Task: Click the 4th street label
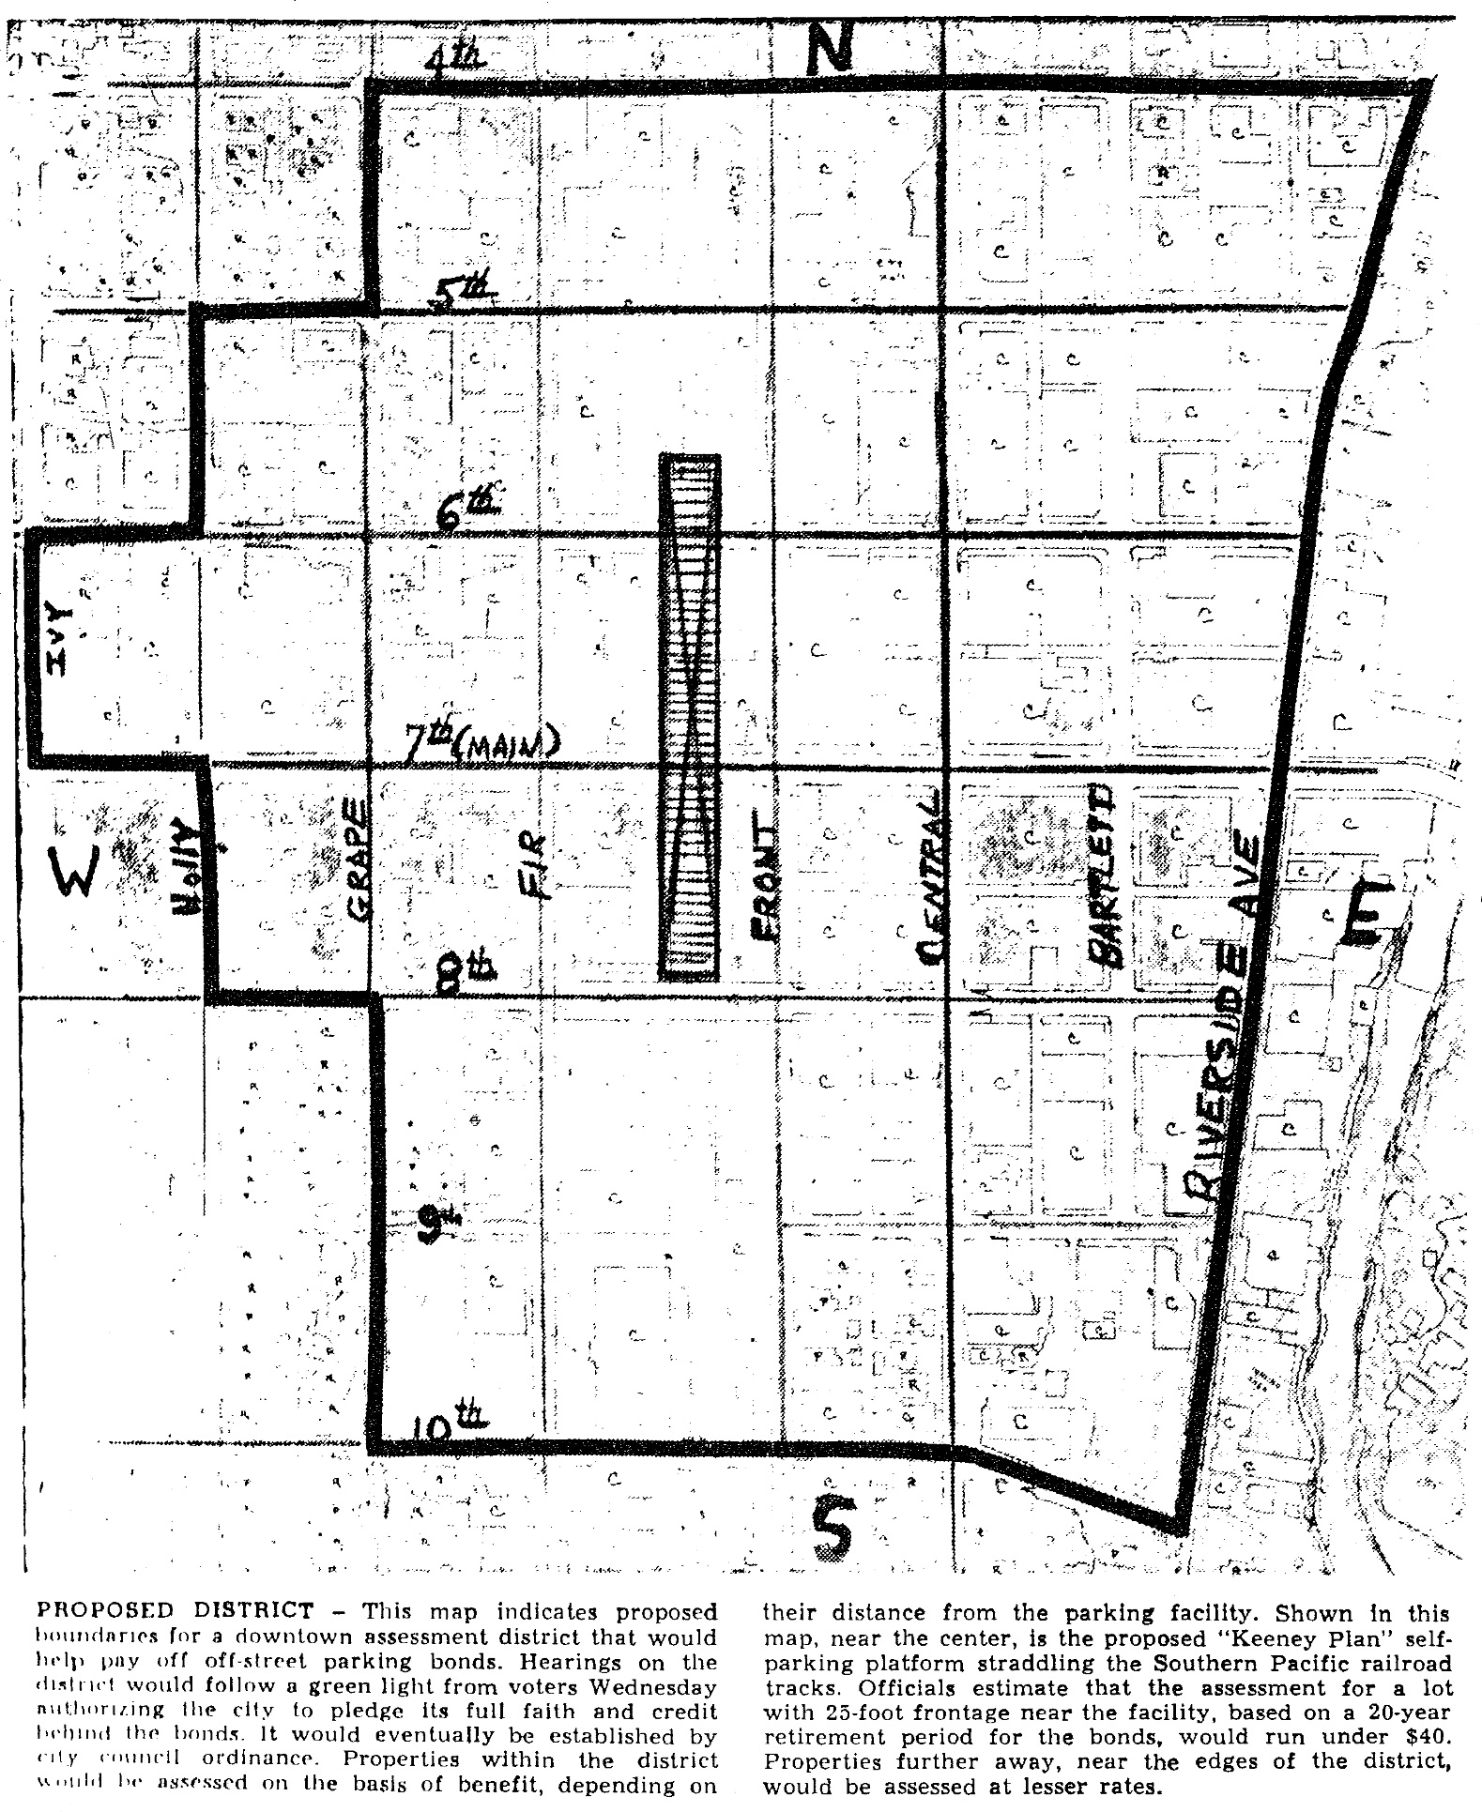click(455, 59)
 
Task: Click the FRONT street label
click(764, 882)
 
